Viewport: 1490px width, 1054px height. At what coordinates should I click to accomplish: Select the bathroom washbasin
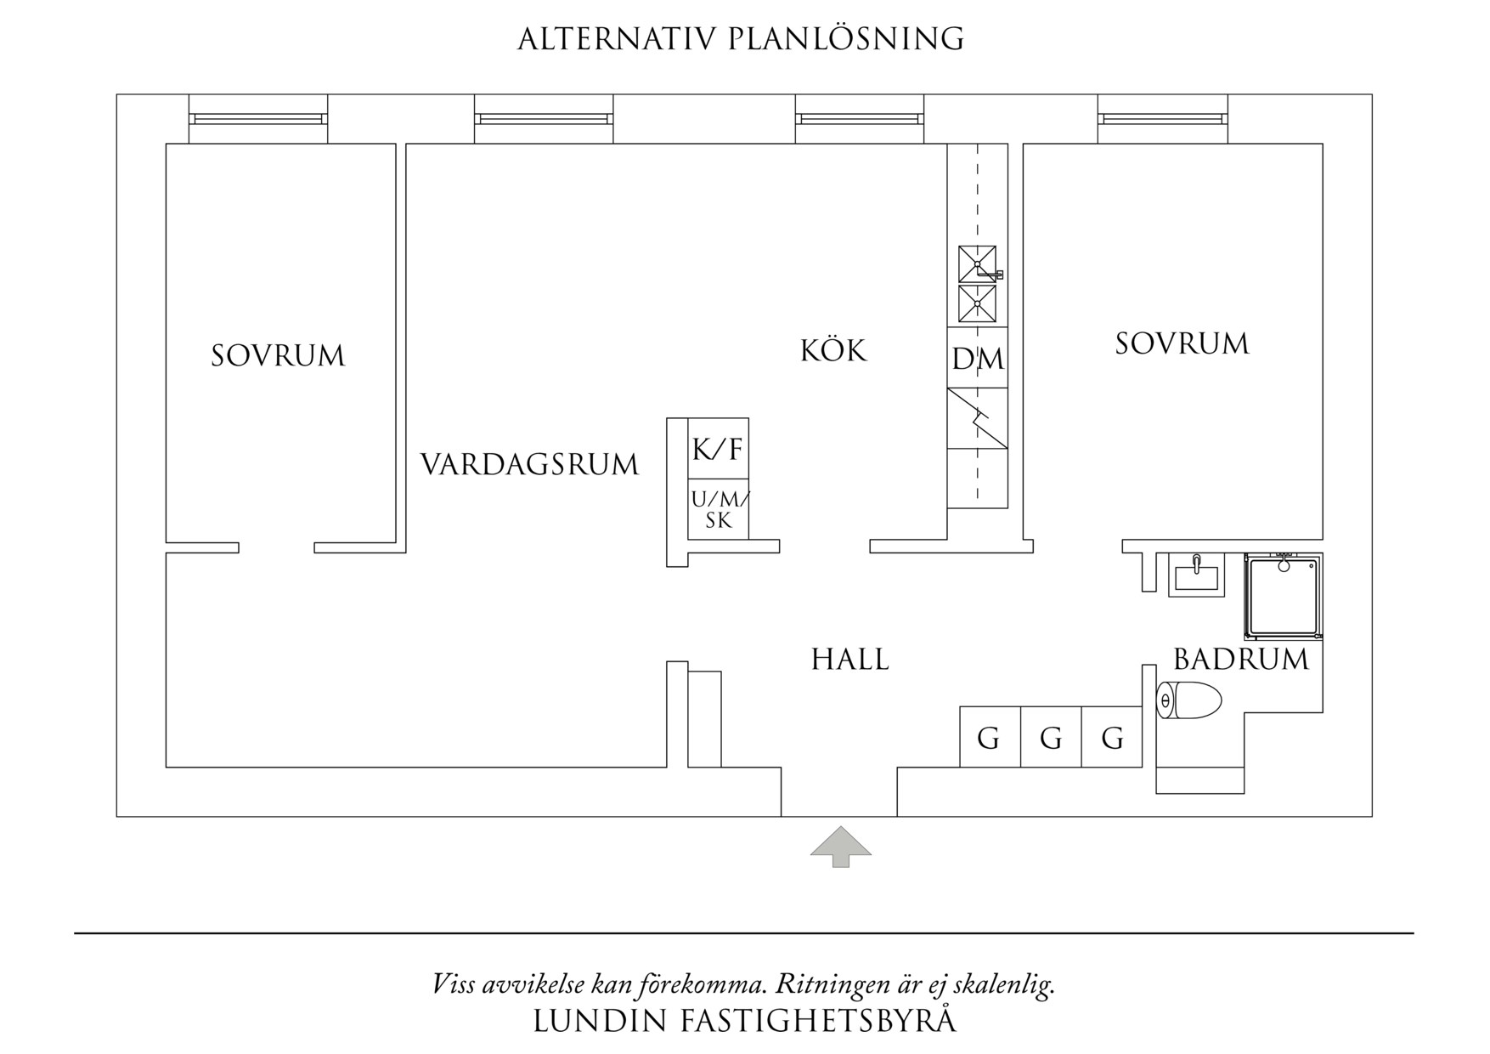[1196, 575]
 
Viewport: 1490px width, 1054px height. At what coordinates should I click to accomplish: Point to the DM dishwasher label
[978, 359]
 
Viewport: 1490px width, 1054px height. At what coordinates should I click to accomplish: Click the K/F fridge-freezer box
[718, 449]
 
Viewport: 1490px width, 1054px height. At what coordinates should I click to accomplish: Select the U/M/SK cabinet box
[718, 510]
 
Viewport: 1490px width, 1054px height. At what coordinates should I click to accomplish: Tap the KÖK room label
[833, 350]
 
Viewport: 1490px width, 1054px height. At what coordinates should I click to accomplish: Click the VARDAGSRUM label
[529, 465]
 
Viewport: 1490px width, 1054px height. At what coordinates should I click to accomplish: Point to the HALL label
[850, 660]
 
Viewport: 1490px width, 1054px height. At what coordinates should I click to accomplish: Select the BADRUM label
[1241, 660]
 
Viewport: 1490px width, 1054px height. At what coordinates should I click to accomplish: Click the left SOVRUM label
[279, 355]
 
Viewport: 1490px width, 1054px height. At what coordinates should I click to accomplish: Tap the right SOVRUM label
[1182, 343]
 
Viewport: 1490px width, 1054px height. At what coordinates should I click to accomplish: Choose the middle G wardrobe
[1051, 738]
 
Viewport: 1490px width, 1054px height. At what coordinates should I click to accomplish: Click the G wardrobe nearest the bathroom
[1112, 738]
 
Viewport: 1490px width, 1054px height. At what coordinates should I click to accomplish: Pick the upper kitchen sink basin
[977, 263]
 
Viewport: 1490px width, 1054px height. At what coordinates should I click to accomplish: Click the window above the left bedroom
[257, 118]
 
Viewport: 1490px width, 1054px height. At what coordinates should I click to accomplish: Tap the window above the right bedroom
[1162, 118]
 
